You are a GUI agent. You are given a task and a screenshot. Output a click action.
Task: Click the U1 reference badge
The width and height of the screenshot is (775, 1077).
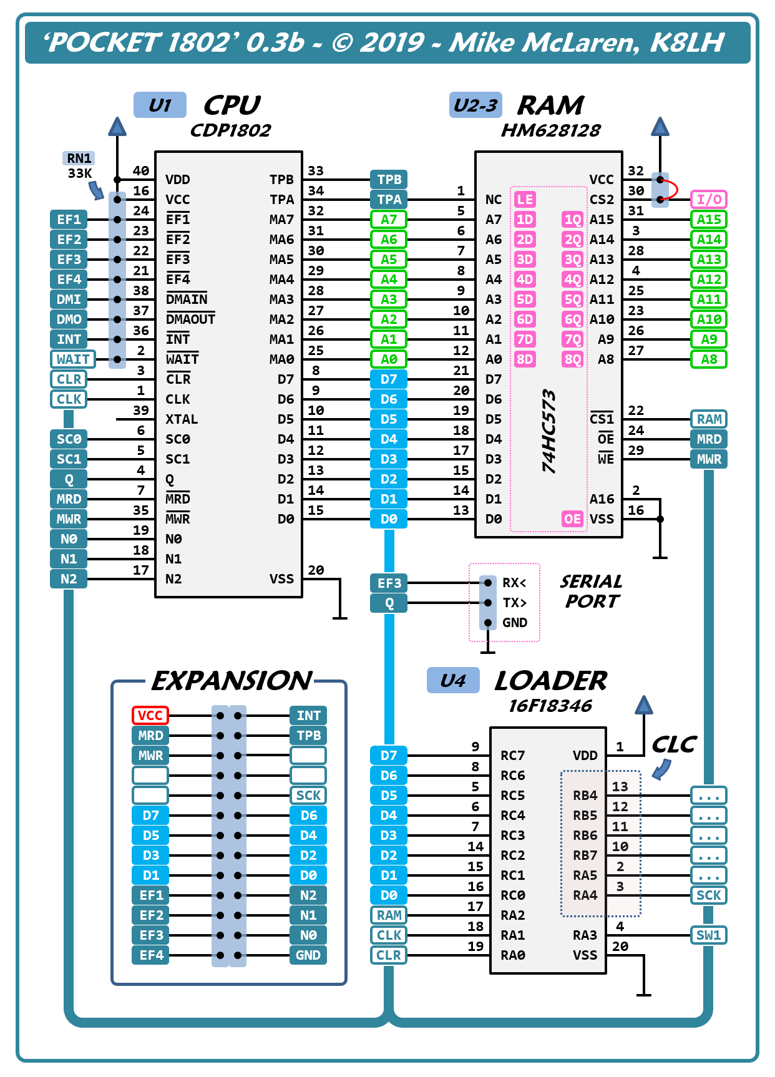160,105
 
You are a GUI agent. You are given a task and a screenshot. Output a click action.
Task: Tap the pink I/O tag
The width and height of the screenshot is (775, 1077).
709,200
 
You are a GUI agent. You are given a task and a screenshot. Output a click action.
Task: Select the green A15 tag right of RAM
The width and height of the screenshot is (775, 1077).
709,220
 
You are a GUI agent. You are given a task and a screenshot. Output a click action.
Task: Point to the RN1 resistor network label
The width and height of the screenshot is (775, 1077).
79,158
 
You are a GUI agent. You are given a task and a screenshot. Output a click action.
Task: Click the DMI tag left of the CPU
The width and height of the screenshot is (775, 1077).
69,300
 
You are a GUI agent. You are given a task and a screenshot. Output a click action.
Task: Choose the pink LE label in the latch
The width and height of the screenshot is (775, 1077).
525,200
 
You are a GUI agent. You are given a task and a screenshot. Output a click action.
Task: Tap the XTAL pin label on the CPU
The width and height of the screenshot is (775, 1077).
182,419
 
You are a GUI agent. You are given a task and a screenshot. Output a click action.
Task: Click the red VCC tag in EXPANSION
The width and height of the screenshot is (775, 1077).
150,716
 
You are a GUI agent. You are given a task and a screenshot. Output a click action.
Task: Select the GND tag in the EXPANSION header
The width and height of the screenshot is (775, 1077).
308,955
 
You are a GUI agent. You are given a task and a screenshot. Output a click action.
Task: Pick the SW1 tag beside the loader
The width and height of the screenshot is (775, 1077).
709,935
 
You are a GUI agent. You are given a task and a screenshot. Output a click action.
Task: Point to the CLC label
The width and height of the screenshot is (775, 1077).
674,744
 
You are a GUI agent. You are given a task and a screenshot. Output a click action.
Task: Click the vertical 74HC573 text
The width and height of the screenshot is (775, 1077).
548,431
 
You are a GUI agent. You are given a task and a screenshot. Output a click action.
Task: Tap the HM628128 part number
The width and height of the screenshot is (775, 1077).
550,130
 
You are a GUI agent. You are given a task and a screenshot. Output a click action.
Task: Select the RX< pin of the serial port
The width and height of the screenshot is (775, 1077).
514,583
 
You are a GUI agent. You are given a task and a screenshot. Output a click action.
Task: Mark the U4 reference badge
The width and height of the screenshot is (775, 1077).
453,680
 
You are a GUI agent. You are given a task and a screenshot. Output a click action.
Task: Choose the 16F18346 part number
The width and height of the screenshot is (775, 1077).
550,706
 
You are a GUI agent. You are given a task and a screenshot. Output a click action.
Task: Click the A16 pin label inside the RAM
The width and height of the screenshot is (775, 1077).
602,499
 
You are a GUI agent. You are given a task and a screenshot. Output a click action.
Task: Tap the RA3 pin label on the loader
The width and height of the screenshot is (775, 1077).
585,935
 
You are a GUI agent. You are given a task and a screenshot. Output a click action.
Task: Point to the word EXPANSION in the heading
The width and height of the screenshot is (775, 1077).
232,681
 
